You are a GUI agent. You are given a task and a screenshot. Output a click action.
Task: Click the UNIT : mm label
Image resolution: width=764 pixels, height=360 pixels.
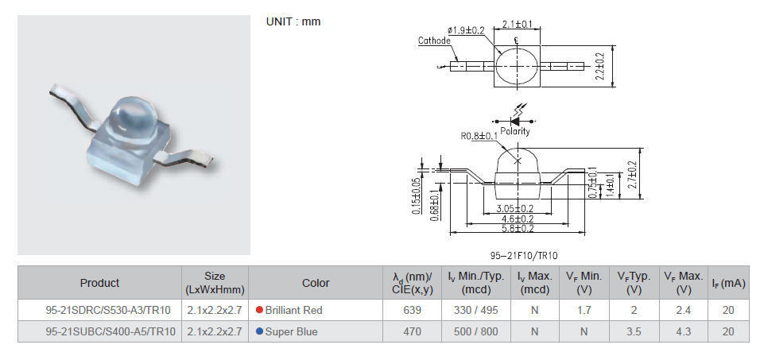[x=293, y=21]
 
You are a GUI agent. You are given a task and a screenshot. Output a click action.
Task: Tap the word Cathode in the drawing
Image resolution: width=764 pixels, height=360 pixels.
[x=434, y=41]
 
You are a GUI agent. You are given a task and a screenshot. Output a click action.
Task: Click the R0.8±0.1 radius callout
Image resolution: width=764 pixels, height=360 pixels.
[x=480, y=136]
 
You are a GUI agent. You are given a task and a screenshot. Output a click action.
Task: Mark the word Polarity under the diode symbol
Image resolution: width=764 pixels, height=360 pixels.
[x=514, y=131]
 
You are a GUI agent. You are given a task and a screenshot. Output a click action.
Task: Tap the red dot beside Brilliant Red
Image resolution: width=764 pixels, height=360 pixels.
[x=259, y=310]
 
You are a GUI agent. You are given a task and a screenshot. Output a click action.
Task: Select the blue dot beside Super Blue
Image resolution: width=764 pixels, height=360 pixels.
[x=259, y=331]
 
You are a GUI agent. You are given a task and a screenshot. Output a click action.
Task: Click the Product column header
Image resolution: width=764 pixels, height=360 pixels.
[x=99, y=283]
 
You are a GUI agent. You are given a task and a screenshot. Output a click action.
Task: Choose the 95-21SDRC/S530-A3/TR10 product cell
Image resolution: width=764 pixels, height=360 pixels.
[x=99, y=310]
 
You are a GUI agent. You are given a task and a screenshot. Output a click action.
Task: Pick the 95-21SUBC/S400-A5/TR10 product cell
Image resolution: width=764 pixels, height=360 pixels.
[x=99, y=331]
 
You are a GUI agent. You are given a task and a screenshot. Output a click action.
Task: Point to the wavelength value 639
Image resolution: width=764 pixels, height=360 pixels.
[x=412, y=310]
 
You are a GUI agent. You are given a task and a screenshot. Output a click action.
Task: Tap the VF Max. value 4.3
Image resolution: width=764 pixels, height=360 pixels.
[x=683, y=331]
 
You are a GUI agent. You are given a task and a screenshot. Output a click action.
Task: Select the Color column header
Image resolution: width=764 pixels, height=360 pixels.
[x=316, y=283]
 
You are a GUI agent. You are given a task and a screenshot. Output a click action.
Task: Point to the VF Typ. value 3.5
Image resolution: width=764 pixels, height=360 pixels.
[x=634, y=331]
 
